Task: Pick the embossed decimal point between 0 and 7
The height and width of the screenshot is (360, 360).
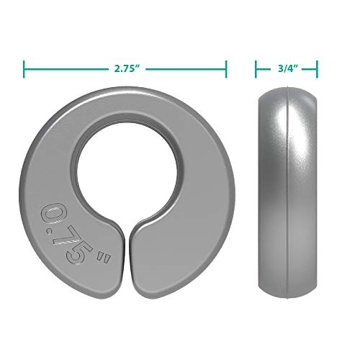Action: pyautogui.click(x=60, y=233)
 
